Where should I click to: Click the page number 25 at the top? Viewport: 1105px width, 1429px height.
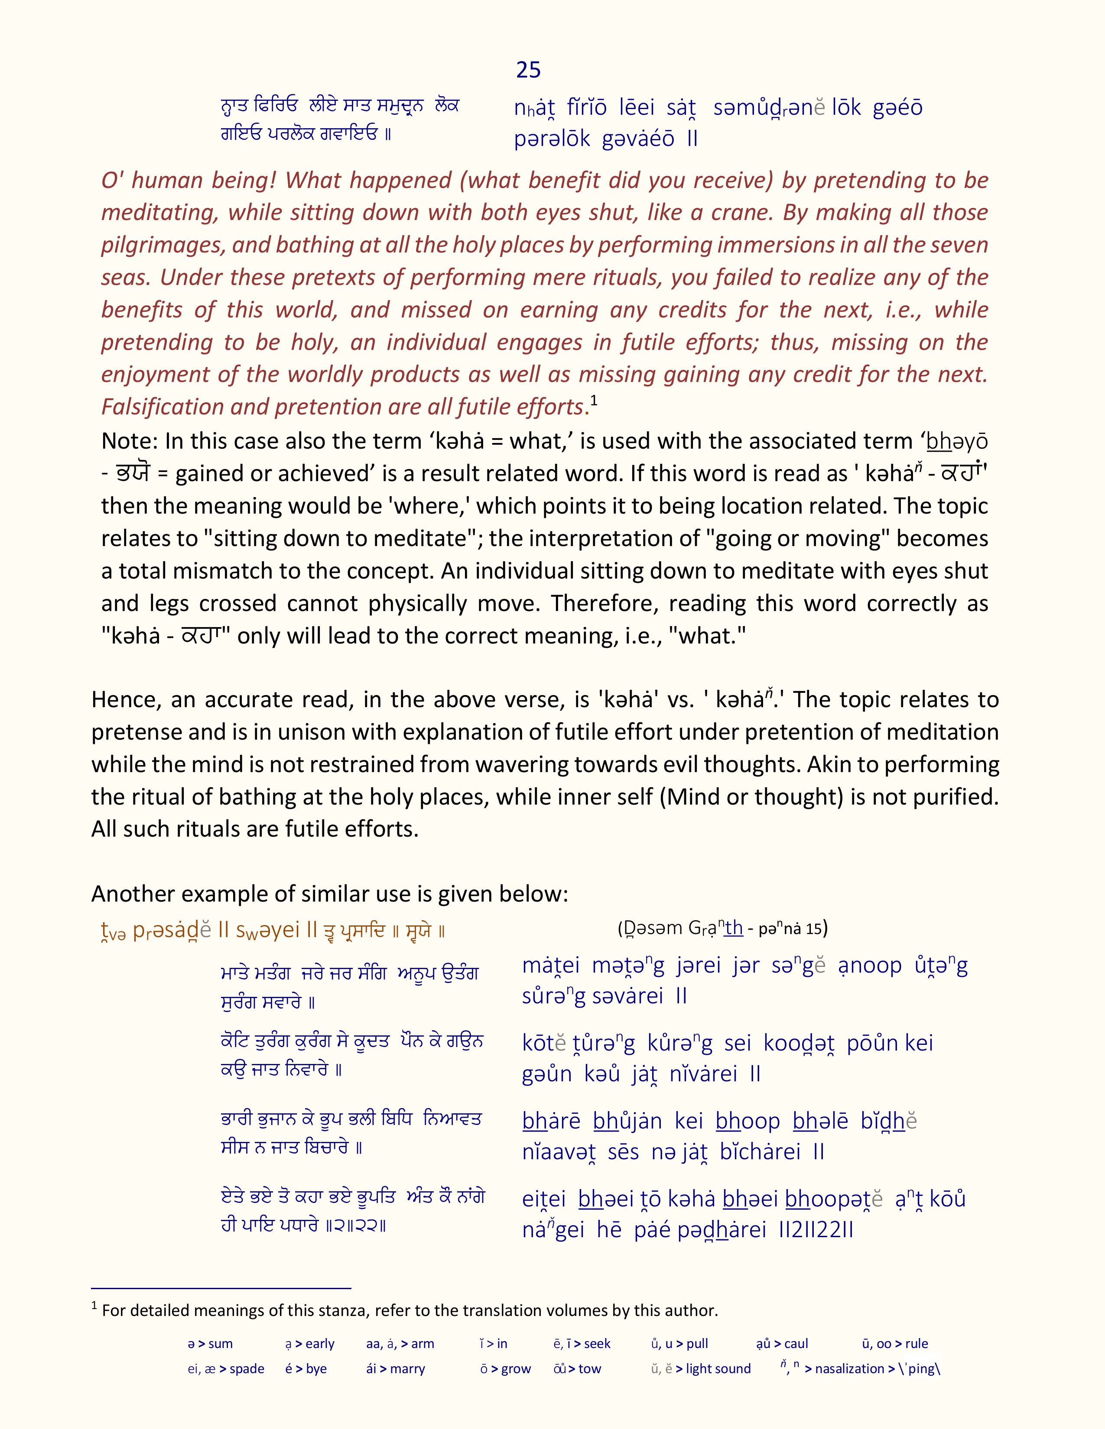point(528,69)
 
